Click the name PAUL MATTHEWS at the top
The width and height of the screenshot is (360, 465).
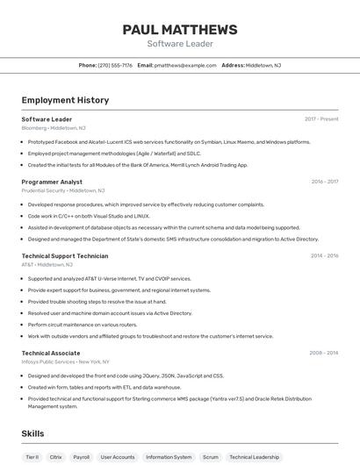tap(180, 30)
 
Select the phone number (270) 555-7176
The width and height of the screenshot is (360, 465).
tap(115, 65)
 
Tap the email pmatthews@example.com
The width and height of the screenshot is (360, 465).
tap(185, 65)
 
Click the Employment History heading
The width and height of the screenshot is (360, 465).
tap(65, 101)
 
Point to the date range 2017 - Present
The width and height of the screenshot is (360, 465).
tap(321, 119)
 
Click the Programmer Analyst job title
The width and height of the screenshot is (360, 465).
tap(52, 182)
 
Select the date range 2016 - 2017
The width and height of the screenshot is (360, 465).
tap(324, 182)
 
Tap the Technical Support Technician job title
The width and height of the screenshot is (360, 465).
tap(65, 256)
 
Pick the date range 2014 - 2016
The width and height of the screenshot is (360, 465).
tap(324, 256)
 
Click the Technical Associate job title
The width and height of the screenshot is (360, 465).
tap(51, 353)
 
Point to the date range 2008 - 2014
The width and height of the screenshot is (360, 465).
tap(323, 353)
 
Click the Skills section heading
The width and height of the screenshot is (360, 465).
tap(32, 433)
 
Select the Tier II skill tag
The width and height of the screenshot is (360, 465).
tap(32, 457)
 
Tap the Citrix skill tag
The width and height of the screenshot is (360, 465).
tap(56, 457)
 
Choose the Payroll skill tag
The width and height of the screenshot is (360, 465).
tap(82, 457)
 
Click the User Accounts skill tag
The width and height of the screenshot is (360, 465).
tap(118, 457)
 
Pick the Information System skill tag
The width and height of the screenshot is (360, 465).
tap(169, 457)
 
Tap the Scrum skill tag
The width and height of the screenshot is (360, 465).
tap(211, 457)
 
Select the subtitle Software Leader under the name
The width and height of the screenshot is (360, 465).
tap(180, 44)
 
